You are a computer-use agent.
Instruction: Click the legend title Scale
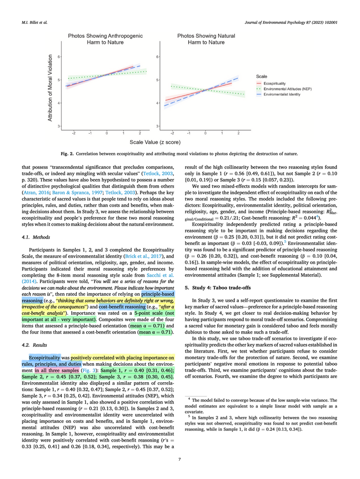pyautogui.click(x=262, y=76)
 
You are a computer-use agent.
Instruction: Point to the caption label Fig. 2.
pyautogui.click(x=68, y=153)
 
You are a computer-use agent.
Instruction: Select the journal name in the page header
pyautogui.click(x=291, y=22)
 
